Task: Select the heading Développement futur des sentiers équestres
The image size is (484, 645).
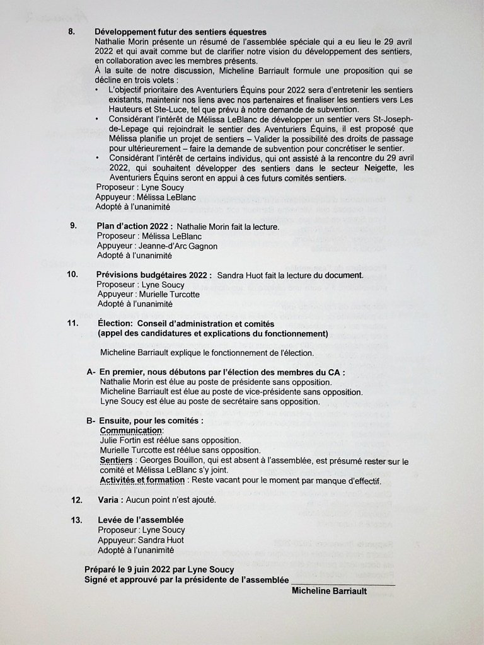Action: coord(180,31)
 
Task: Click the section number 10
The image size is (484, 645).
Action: coord(72,275)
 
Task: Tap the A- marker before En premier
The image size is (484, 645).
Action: coord(91,372)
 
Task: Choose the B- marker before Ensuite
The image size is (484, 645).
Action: coord(91,420)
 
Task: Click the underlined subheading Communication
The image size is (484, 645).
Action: coord(131,430)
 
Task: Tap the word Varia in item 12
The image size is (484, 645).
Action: coord(110,500)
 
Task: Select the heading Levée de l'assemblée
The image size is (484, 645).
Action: coord(141,520)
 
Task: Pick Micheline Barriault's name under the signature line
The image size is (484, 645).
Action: coord(329,591)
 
